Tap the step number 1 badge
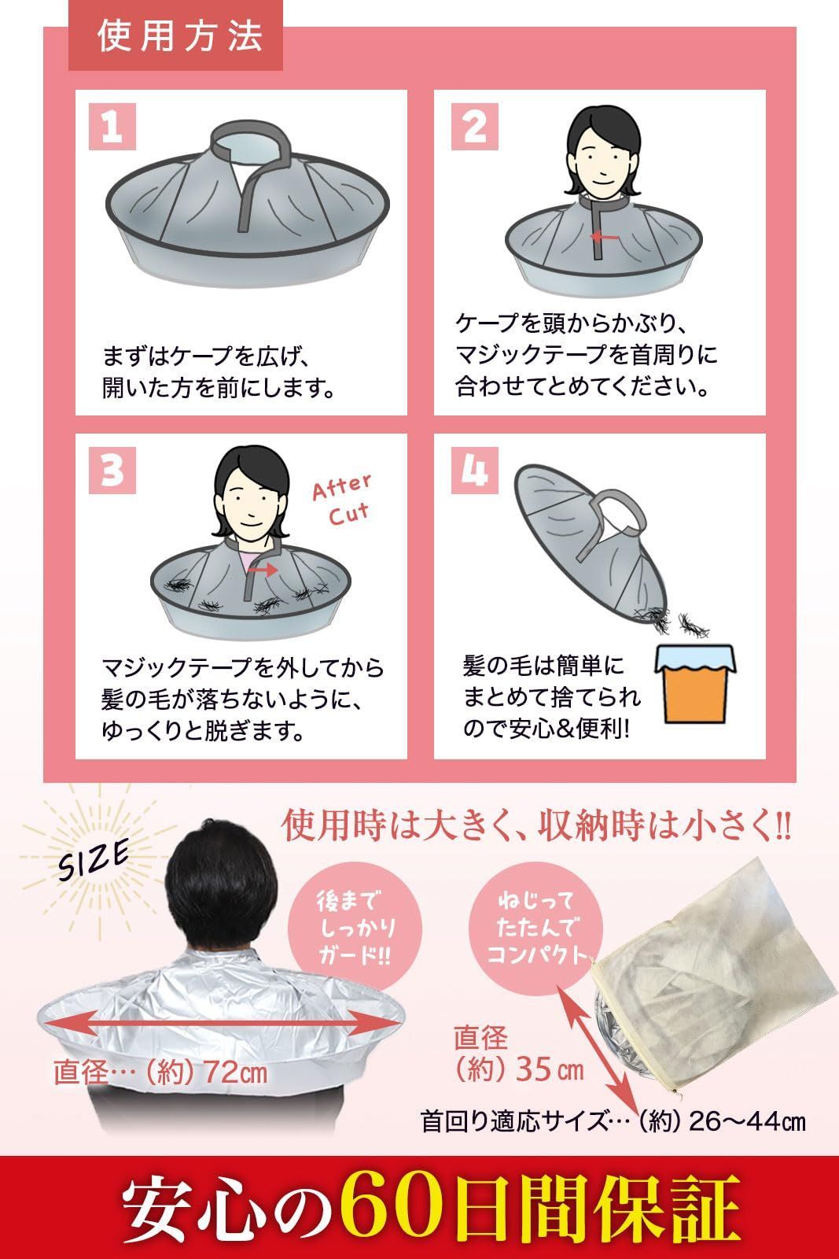[112, 127]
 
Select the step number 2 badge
[474, 127]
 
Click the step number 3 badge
[112, 470]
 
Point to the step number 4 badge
[474, 470]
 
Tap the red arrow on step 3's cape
[263, 570]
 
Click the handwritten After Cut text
[342, 499]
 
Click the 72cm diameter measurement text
[160, 1073]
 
